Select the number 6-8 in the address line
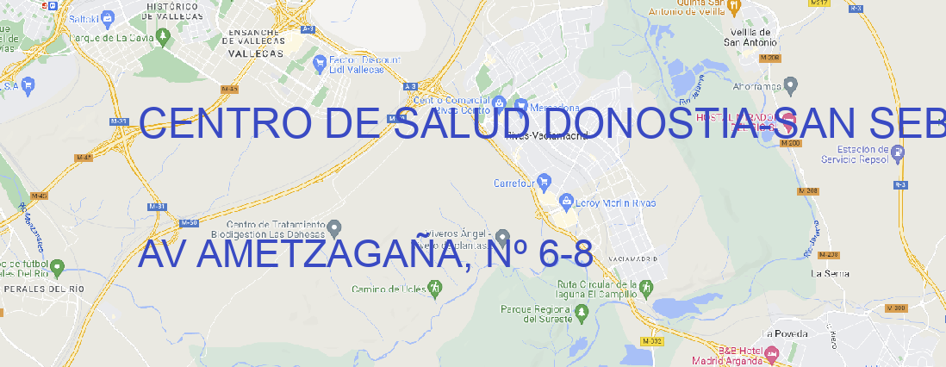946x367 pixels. pyautogui.click(x=564, y=255)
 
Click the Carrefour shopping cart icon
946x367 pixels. pyautogui.click(x=545, y=182)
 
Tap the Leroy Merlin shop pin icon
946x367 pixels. pyautogui.click(x=566, y=202)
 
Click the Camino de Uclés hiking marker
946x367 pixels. pyautogui.click(x=434, y=286)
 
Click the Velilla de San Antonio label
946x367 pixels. pyautogui.click(x=749, y=36)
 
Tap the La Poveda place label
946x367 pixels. pyautogui.click(x=786, y=333)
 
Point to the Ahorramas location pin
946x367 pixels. pyautogui.click(x=791, y=84)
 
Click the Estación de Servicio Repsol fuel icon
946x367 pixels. pyautogui.click(x=899, y=153)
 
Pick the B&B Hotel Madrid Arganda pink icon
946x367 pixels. pyautogui.click(x=772, y=354)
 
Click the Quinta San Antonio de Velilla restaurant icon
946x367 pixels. pyautogui.click(x=733, y=6)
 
